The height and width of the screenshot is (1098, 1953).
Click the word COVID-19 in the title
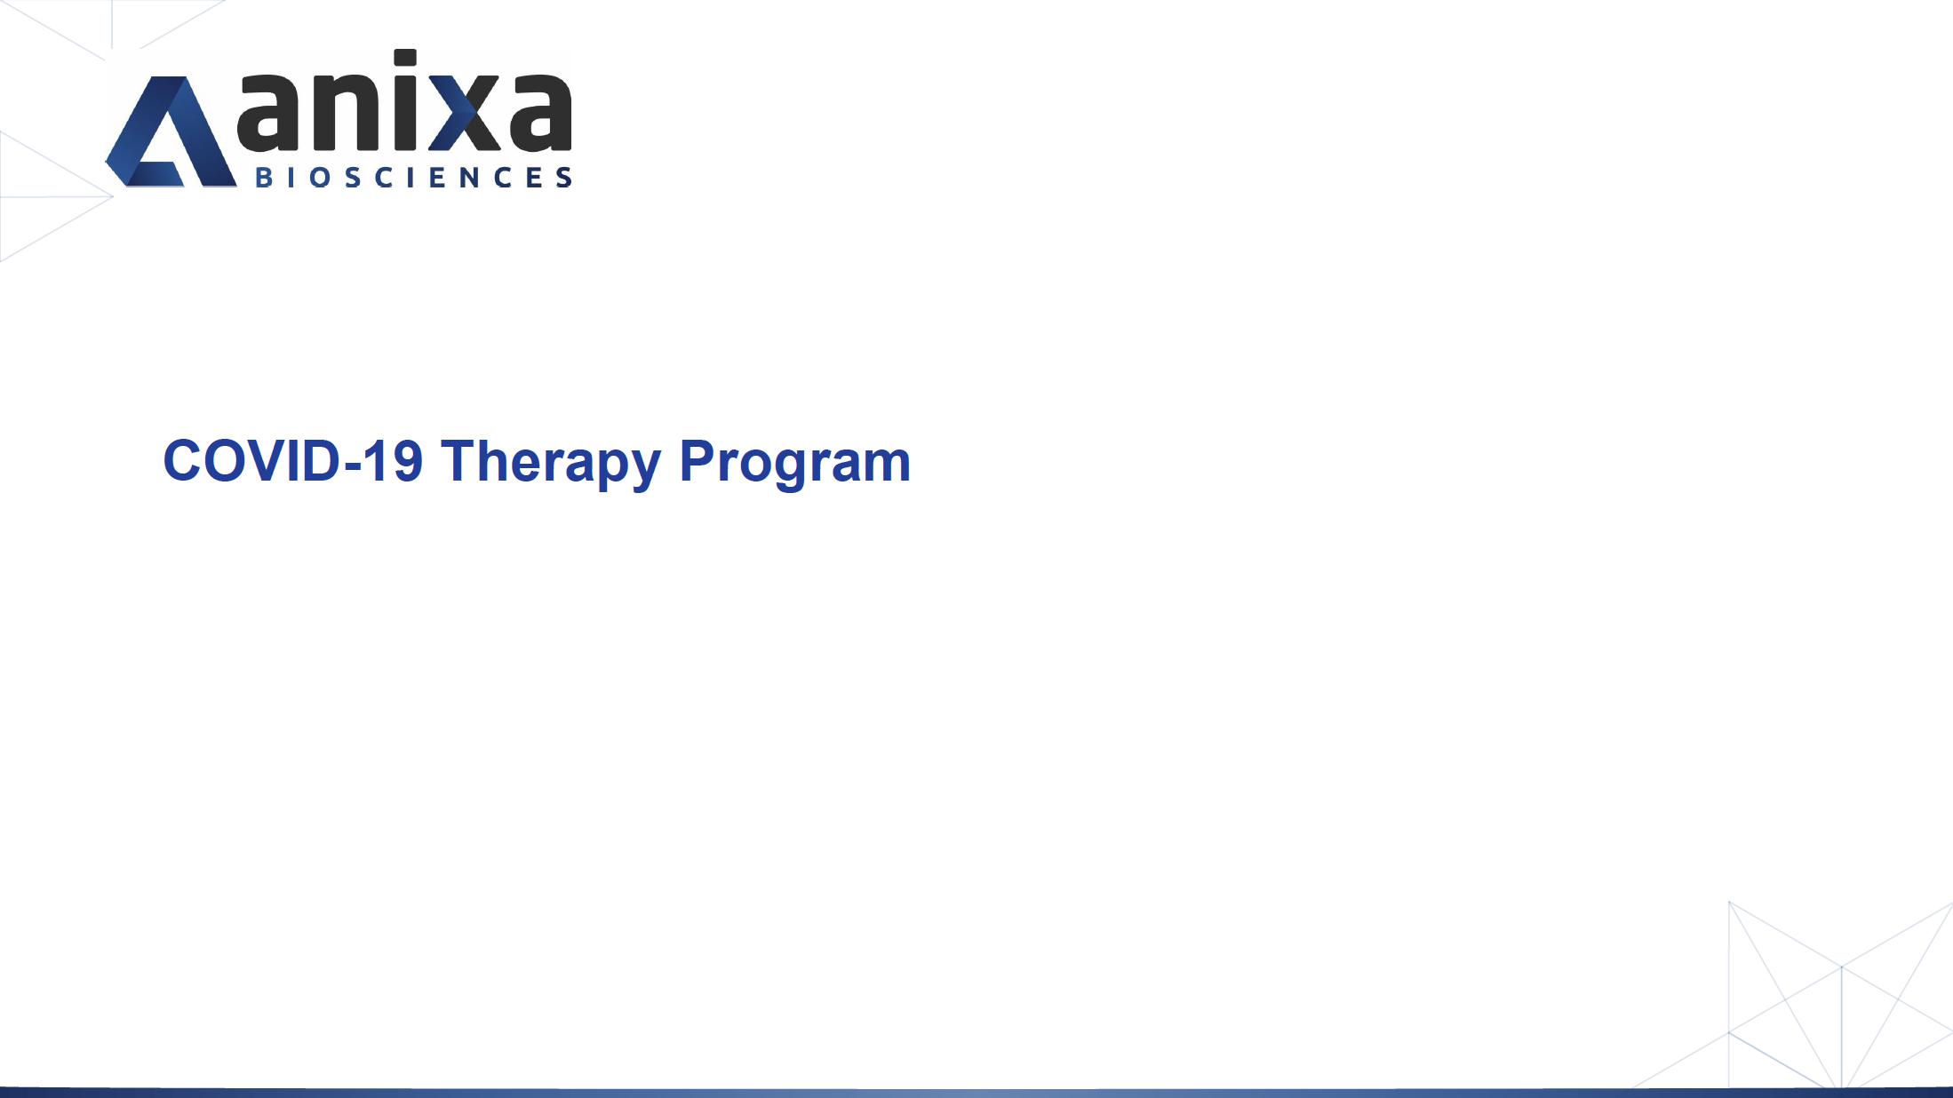coord(293,461)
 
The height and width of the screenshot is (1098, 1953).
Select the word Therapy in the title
coord(551,464)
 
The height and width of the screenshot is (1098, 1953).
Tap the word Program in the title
coord(795,464)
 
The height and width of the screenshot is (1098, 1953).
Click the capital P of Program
coord(697,461)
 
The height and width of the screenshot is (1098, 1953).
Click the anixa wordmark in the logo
coord(404,100)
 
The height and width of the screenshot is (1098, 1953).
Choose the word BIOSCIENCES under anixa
coord(413,177)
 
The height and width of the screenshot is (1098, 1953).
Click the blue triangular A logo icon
coord(171,131)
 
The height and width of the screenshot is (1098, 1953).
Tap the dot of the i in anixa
coord(405,59)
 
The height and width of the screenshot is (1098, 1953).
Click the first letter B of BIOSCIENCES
coord(263,177)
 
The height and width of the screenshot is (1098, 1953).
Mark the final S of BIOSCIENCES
coord(564,177)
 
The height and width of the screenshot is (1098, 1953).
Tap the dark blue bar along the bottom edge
coord(976,1093)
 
